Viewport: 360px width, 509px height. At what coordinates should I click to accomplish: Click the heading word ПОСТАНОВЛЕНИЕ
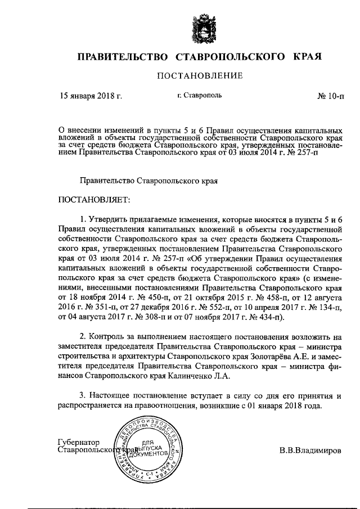click(200, 75)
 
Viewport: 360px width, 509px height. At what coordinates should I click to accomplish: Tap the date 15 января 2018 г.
click(91, 96)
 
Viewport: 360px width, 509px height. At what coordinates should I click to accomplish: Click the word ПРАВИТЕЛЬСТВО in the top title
click(123, 57)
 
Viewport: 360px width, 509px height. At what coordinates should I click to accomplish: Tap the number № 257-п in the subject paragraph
click(300, 152)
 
